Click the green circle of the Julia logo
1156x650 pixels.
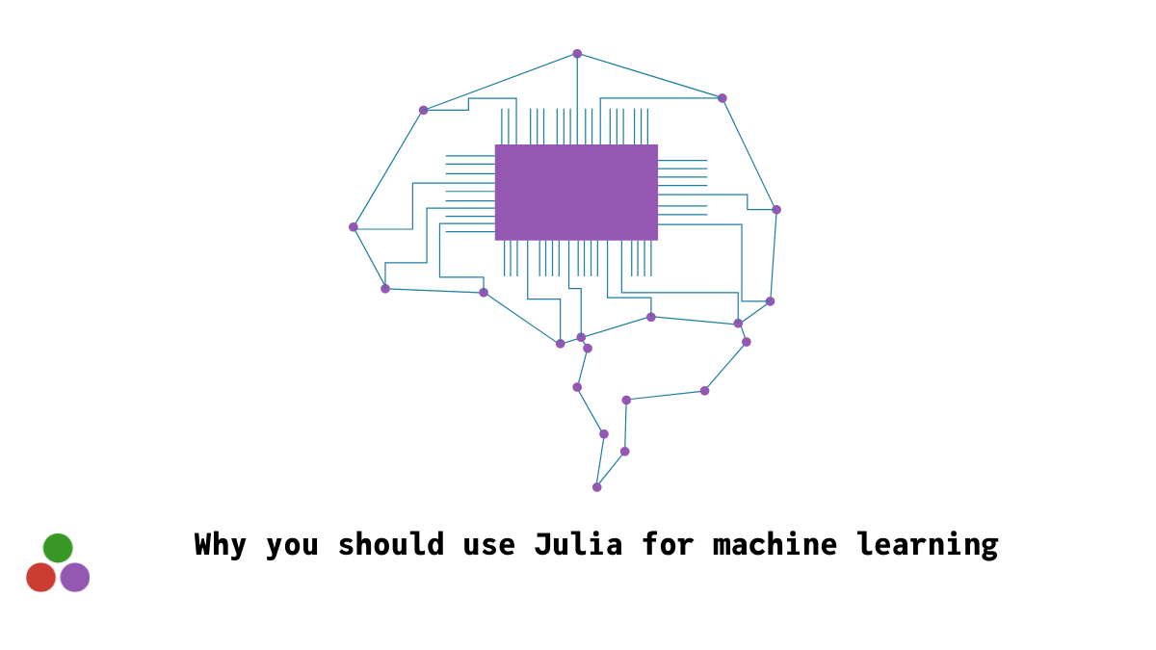58,548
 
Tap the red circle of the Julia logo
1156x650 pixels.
40,577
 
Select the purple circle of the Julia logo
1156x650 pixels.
75,577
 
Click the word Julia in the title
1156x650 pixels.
579,544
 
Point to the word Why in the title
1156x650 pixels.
221,544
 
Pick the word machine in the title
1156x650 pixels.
775,544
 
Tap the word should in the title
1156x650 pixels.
391,544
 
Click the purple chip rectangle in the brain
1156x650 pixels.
576,193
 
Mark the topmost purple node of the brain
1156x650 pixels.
577,54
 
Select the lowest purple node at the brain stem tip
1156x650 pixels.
597,487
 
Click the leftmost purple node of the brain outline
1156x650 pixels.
354,227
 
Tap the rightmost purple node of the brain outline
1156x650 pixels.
776,210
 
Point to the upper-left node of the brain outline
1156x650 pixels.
424,110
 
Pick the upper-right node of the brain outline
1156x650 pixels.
722,98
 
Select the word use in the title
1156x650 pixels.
489,547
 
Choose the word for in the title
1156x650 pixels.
668,544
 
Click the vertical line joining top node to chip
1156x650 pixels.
577,99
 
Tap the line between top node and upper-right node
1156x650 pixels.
649,76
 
